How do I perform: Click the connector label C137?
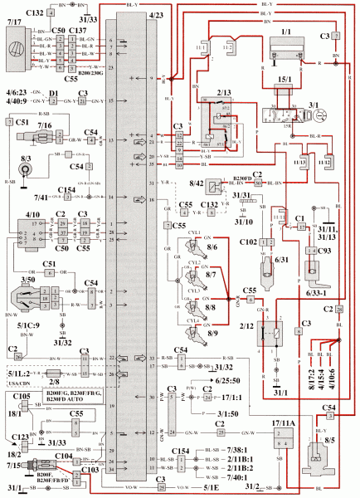79,31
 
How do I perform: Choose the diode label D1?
52,93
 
